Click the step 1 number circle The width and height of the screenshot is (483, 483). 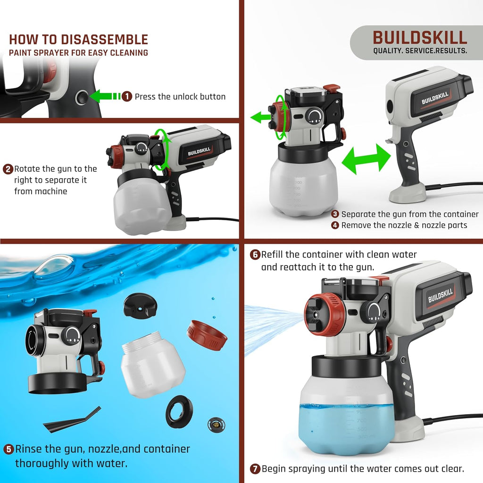coord(127,96)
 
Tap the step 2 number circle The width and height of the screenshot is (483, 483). coord(8,169)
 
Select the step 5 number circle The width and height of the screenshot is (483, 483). coord(8,450)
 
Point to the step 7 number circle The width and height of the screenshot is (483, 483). coord(255,469)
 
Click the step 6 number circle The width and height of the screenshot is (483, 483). coord(255,255)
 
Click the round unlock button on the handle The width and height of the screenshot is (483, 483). coord(82,98)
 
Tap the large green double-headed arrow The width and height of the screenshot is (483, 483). coord(366,158)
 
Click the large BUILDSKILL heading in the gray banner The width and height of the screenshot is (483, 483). coord(420,38)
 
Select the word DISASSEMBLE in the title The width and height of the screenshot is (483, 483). coord(104,40)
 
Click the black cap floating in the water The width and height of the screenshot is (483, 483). coord(140,305)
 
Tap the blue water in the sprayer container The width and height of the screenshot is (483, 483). coord(347,428)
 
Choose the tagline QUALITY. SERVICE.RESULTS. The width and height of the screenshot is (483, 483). coord(420,51)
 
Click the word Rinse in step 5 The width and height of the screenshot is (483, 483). coord(30,449)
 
